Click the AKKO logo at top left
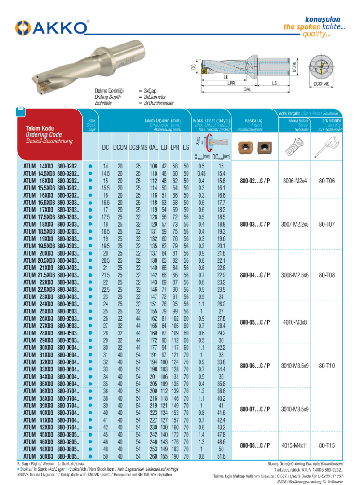coord(52,27)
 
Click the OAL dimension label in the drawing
coord(247,89)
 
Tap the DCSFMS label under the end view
coord(321,84)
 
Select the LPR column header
coord(175,147)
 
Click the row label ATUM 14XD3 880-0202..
coord(51,166)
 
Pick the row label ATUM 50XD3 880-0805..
coord(51,456)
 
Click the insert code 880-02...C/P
coord(255,181)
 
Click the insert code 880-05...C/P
coord(255,322)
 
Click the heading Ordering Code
coord(44,135)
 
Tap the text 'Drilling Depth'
coord(108,97)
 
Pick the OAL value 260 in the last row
coord(153,456)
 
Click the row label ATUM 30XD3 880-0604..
coord(51,347)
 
